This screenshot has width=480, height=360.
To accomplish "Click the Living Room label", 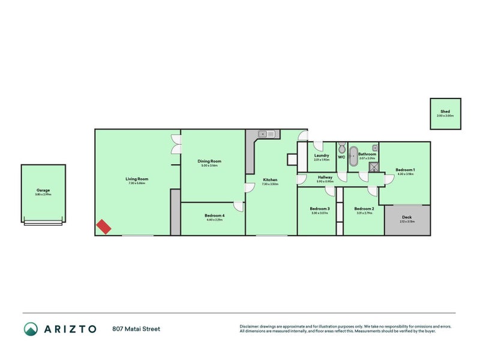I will coord(137,179).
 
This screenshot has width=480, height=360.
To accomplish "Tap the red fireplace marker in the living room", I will coord(104,226).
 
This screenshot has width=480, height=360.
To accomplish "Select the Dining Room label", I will coord(210,161).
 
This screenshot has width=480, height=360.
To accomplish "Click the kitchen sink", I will coord(266,134).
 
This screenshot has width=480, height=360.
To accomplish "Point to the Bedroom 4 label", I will coord(214,215).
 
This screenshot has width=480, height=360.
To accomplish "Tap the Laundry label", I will coord(322,155).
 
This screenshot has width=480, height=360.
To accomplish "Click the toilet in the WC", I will coord(341,148).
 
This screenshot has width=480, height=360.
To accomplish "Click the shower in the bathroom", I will coord(374,167).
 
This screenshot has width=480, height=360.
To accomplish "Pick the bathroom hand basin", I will coord(374,146).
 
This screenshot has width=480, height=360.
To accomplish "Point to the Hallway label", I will coord(325,178).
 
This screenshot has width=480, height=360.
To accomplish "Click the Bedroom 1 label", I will coord(405,170).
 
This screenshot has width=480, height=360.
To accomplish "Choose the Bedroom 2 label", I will coord(365,209).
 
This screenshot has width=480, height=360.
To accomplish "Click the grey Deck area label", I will coord(407,217).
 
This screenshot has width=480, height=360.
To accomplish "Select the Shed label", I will coord(445,112).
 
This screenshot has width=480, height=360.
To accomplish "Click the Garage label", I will coord(43,190).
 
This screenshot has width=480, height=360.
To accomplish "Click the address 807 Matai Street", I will coord(136,329).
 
